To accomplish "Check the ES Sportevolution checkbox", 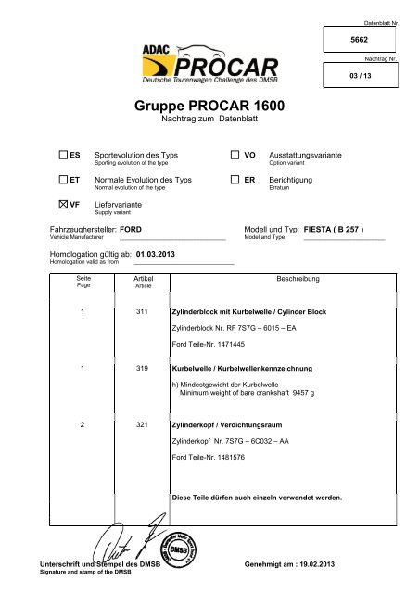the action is point(62,156).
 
